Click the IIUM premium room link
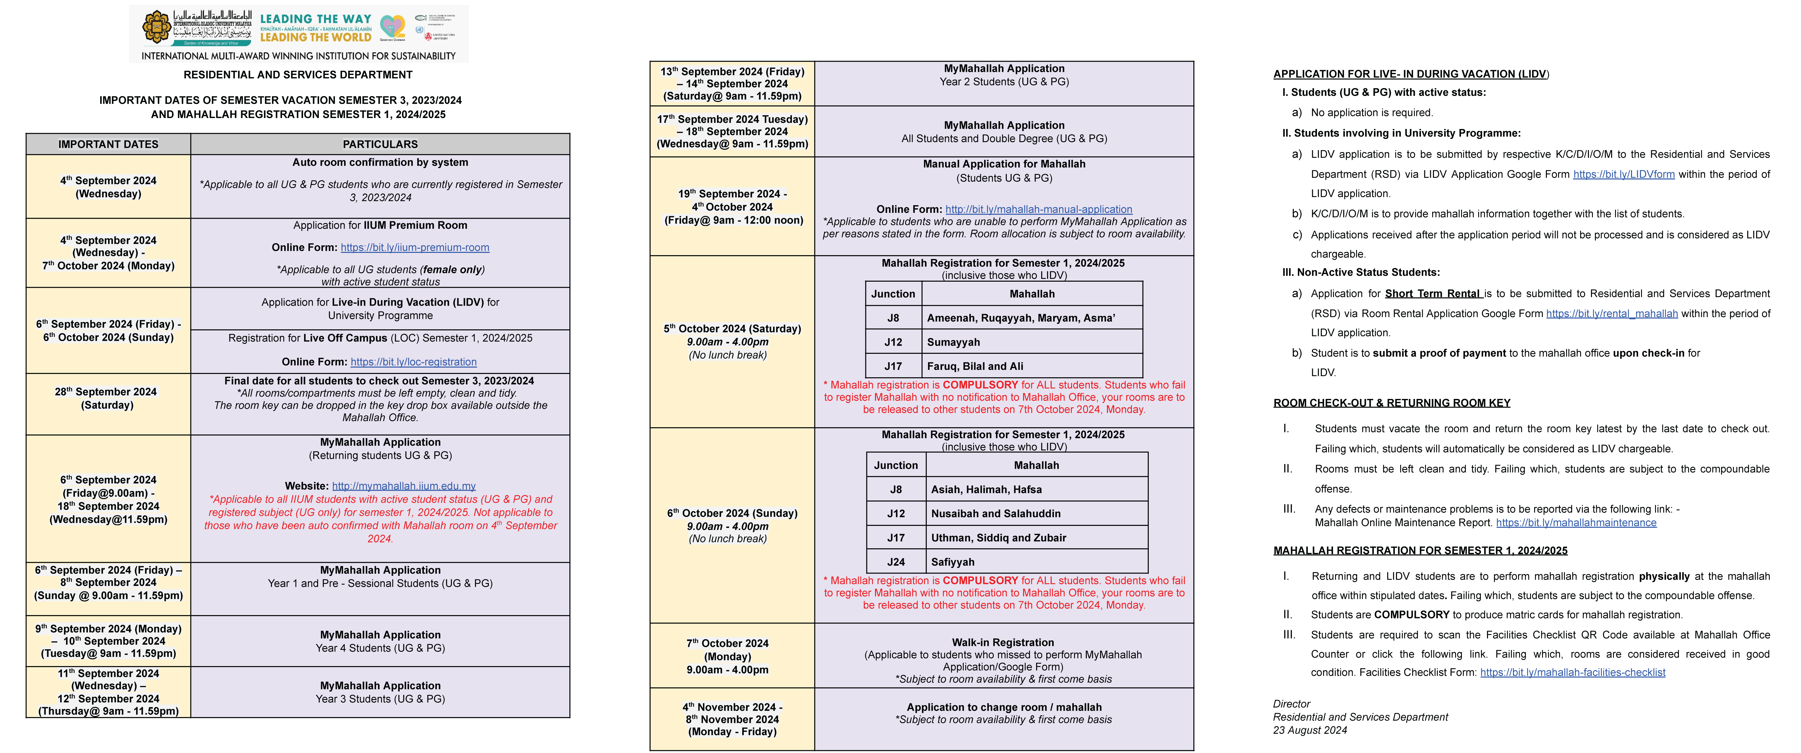point(415,248)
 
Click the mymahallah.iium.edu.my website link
point(403,486)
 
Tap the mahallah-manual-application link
point(1038,209)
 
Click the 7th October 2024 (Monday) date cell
point(728,656)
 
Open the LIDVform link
point(1623,174)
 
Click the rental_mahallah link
point(1612,313)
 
